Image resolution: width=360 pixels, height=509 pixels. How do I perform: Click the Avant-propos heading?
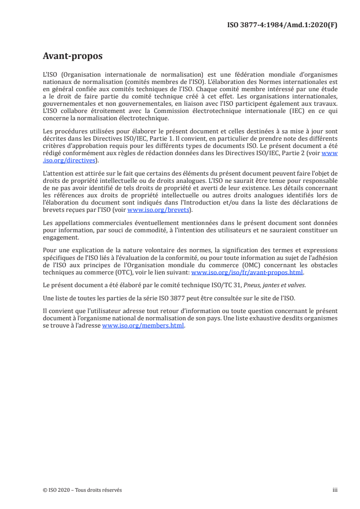point(72,56)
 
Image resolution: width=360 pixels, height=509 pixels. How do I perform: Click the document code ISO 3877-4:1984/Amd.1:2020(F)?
point(282,25)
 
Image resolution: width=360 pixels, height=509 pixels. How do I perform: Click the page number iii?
point(335,490)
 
